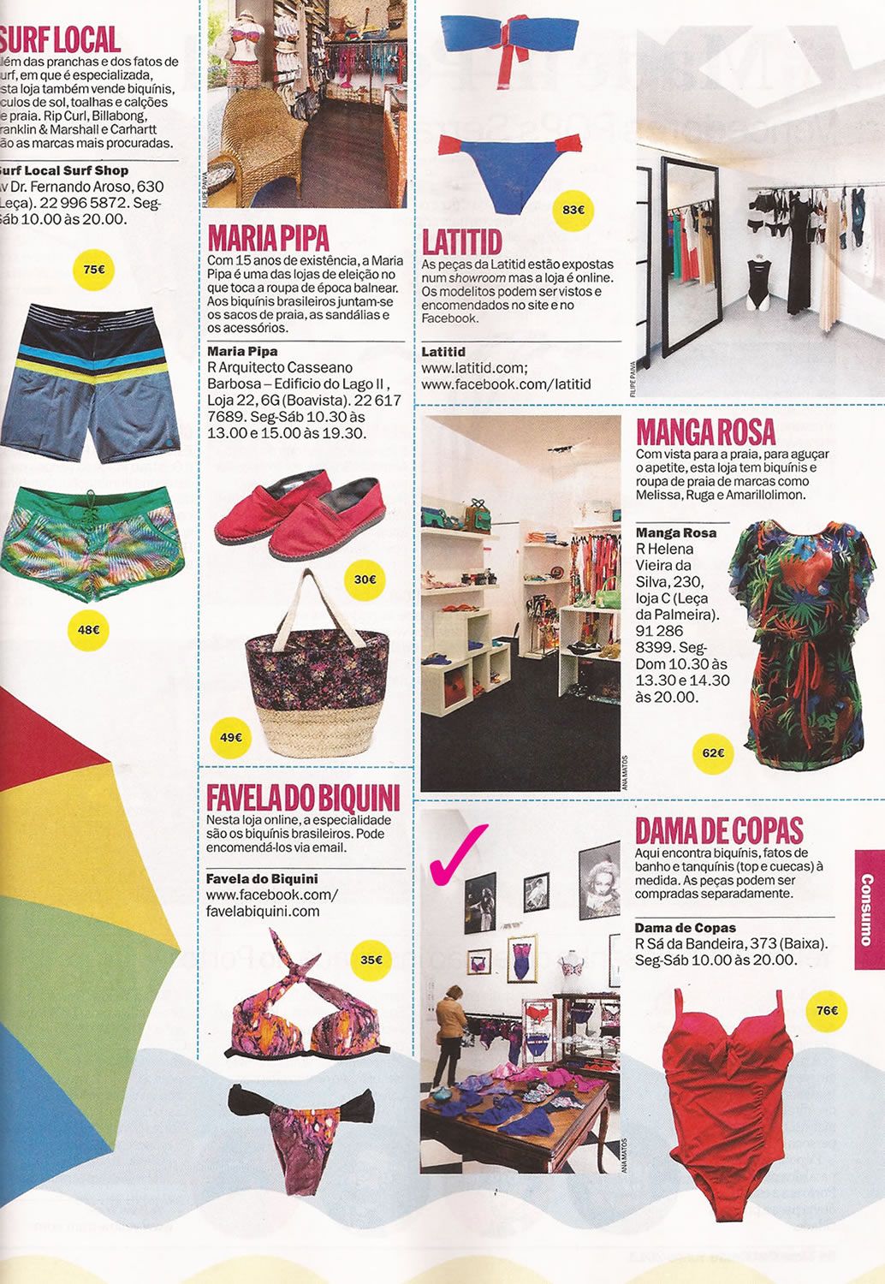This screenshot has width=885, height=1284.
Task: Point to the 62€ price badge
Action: coord(713,753)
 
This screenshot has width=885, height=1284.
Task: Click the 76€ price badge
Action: coord(827,1011)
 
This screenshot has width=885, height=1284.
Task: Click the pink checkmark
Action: coord(459,853)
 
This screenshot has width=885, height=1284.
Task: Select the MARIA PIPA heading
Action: coord(268,237)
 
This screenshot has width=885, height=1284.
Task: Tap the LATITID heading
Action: coord(462,241)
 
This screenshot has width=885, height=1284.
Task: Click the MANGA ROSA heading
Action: coord(705,431)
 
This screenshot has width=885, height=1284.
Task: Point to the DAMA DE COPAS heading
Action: coord(719,830)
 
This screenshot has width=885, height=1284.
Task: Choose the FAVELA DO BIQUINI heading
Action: coord(303,798)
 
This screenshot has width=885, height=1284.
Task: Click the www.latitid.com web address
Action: coord(469,368)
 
